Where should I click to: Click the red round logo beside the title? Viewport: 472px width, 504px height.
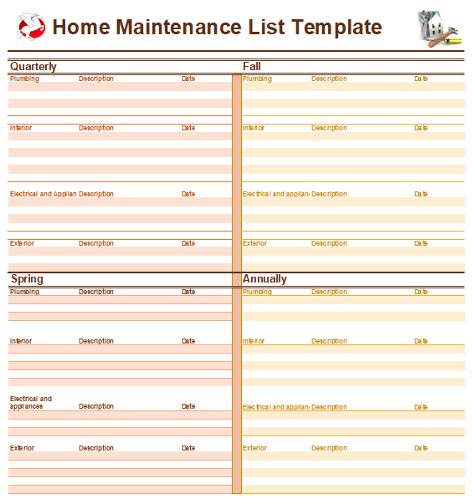31,27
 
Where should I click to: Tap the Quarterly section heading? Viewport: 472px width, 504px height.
33,66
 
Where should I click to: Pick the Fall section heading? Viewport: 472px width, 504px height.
252,66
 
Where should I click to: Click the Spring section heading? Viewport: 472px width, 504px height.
27,279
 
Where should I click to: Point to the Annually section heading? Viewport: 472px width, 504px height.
264,279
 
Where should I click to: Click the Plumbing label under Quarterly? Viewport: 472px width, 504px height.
24,79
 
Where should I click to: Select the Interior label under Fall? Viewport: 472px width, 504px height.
254,128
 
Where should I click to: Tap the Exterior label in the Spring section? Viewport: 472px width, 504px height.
23,448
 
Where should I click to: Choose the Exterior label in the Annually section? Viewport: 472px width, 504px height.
255,448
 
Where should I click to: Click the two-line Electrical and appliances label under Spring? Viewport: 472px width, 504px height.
31,402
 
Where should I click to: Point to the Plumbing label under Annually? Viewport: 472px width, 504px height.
257,292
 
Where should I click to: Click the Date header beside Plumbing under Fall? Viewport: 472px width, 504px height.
421,79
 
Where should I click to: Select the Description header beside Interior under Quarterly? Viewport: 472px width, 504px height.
96,128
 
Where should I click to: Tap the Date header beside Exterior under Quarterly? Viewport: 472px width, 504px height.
188,243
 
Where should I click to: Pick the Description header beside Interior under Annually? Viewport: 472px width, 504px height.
329,341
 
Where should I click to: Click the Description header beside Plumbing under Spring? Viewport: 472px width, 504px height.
96,292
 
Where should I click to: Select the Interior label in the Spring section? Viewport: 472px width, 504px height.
21,341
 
